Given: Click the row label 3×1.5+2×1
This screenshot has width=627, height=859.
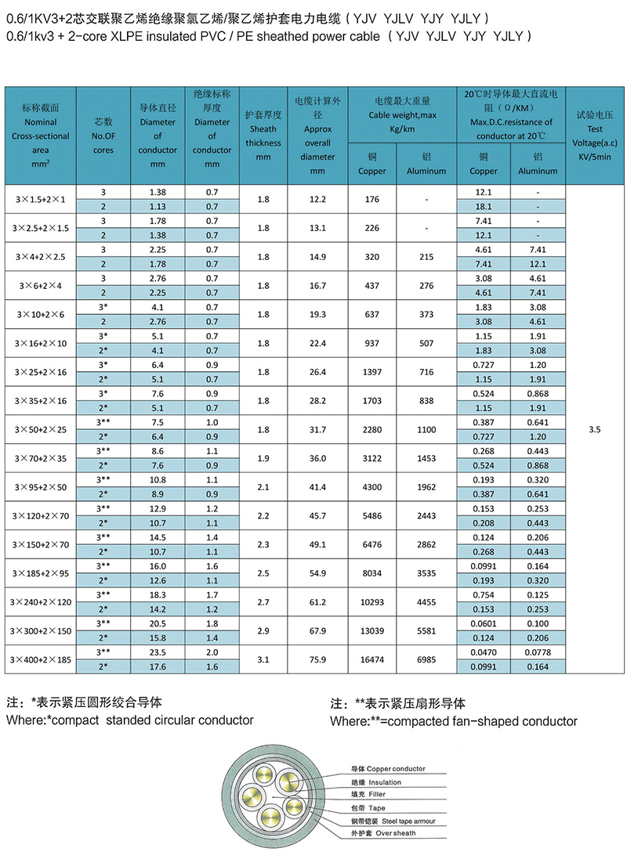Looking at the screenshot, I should [x=40, y=200].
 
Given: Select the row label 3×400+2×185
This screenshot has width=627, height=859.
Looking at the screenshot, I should [x=40, y=659].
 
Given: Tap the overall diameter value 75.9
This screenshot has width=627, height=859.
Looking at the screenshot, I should [x=317, y=659].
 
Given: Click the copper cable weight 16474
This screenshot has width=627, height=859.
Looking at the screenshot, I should [x=371, y=659].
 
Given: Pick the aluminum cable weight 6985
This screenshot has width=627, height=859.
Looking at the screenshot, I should [x=426, y=659].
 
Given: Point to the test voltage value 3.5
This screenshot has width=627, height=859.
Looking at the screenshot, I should [x=593, y=429].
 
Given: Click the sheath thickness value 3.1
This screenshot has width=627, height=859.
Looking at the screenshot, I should [x=263, y=659].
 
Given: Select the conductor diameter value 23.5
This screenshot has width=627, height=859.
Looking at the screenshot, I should [x=158, y=652].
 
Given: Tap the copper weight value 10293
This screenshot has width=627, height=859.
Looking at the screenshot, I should [x=371, y=601].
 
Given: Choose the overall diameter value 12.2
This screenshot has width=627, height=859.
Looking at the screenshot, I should [x=317, y=200].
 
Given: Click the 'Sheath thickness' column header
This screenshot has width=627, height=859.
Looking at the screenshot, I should [x=263, y=128].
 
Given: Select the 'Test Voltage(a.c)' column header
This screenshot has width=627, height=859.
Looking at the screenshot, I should [x=593, y=128].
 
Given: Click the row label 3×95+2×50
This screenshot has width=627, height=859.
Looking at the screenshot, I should [x=40, y=487].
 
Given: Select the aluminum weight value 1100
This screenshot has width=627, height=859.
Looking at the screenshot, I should [x=426, y=429].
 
